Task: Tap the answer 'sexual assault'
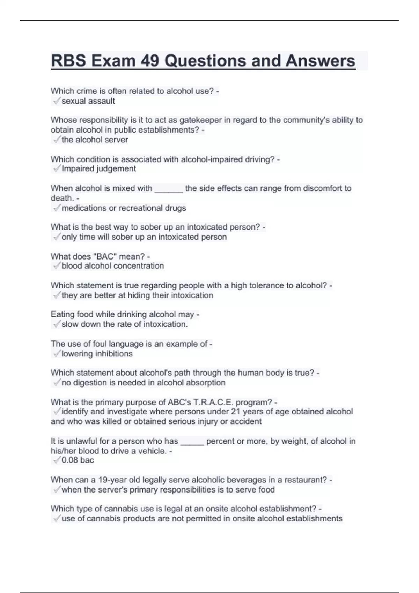tap(88, 101)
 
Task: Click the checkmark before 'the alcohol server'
tap(56, 140)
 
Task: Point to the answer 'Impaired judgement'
tap(99, 169)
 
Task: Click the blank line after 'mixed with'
tap(169, 189)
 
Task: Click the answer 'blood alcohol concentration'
tap(112, 266)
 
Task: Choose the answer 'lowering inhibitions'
tap(97, 354)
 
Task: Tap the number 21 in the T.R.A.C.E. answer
tap(236, 412)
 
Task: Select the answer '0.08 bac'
tap(78, 460)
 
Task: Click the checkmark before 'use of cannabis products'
tap(56, 519)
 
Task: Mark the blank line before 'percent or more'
tap(192, 442)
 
